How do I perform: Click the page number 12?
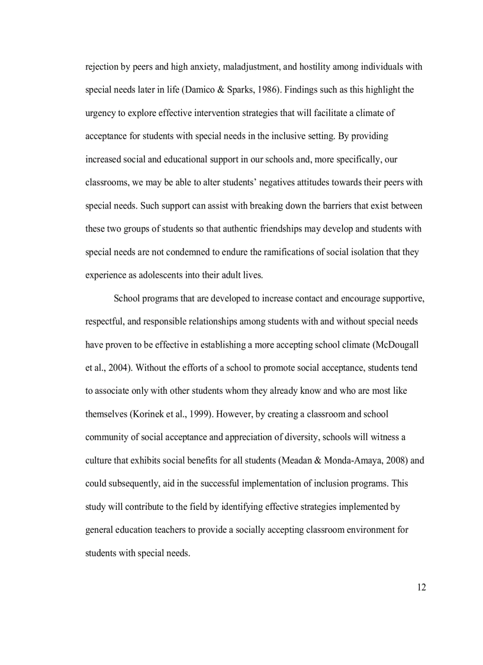421,587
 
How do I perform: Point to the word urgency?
101,113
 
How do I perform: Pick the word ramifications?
282,252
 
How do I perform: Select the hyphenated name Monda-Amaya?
350,460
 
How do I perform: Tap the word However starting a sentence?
224,414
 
